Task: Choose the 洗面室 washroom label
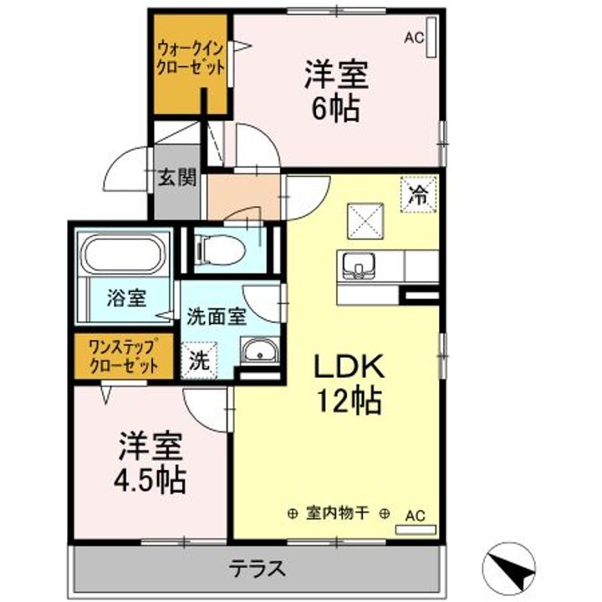click(216, 316)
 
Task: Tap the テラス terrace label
click(258, 569)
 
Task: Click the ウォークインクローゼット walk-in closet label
click(191, 59)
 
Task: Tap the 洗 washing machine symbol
click(199, 362)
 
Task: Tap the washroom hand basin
click(259, 352)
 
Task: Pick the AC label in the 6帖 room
click(413, 38)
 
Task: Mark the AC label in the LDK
click(415, 516)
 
